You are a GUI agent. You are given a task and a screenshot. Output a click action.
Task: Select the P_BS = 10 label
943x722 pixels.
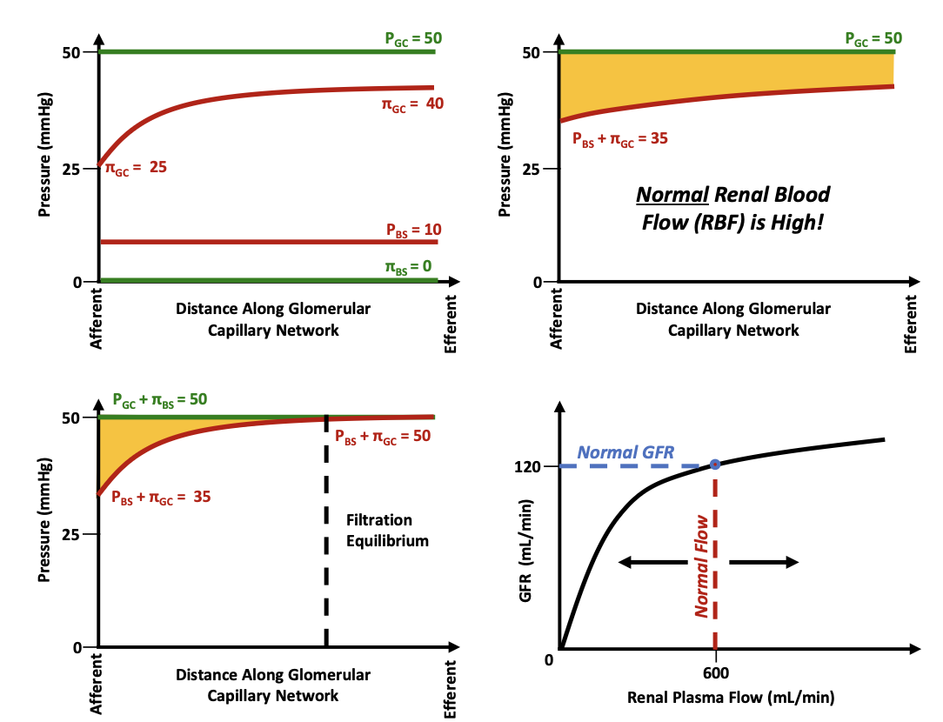414,230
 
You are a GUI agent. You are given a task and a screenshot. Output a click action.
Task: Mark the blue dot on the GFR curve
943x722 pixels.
715,465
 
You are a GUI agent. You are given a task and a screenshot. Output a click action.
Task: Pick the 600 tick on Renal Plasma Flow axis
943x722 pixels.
715,672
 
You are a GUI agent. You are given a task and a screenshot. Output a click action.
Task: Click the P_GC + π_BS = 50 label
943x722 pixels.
160,400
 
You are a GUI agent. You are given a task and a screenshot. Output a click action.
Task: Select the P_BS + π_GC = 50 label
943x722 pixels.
383,436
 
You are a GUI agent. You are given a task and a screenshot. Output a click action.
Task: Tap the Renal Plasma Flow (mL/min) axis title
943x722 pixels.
732,698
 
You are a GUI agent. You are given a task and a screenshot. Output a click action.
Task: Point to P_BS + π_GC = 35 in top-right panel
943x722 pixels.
619,137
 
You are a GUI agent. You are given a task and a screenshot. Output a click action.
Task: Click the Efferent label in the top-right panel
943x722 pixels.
911,322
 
